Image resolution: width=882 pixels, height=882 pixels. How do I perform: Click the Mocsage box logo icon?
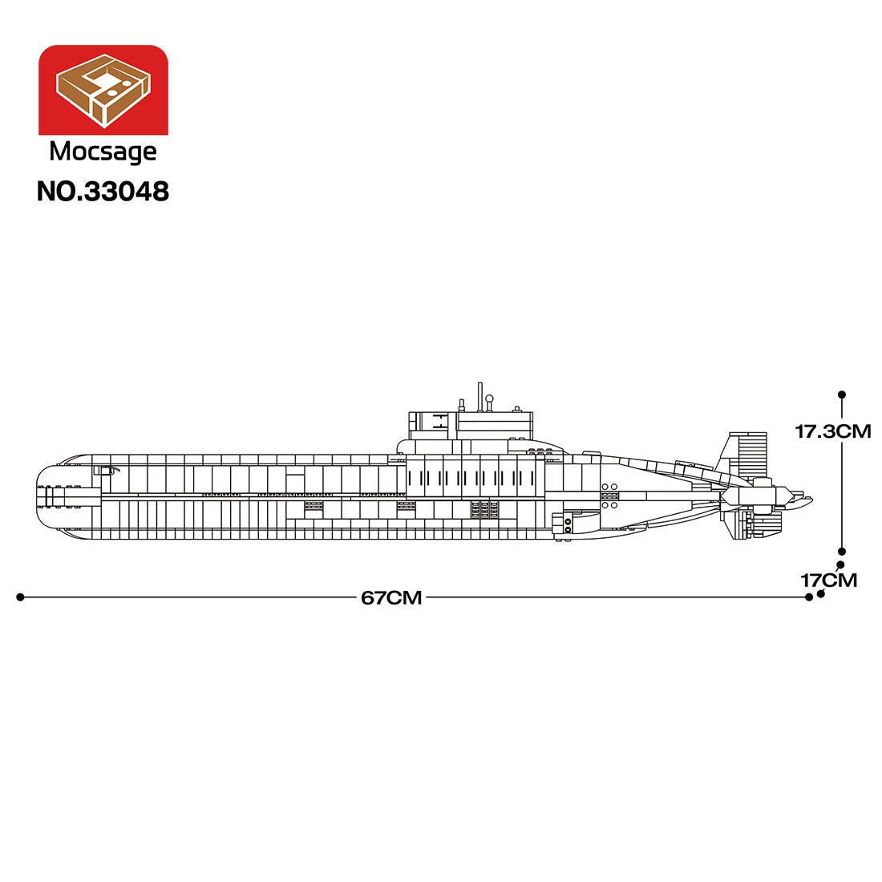(103, 90)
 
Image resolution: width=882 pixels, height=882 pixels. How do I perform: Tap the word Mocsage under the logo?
(103, 152)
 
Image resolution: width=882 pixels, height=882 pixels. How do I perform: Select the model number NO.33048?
(103, 192)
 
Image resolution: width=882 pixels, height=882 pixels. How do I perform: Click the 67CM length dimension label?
(391, 597)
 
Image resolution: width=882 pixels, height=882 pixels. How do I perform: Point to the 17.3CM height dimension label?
(833, 431)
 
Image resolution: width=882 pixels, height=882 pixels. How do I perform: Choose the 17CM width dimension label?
(829, 580)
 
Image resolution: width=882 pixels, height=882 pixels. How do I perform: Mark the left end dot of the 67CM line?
(20, 597)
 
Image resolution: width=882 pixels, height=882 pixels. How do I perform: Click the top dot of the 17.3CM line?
(841, 394)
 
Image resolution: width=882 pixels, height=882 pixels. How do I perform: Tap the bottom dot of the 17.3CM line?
(841, 552)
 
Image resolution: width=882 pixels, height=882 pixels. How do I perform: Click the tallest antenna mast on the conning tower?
(479, 397)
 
